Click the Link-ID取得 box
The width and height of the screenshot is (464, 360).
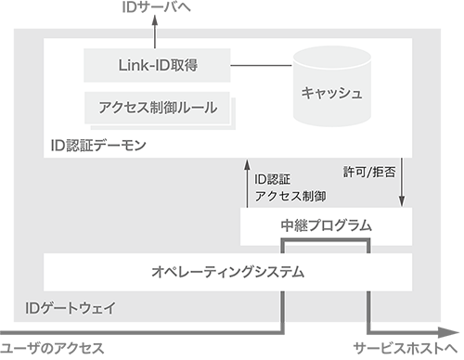pos(157,65)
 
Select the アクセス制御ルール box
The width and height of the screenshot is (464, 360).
pos(157,109)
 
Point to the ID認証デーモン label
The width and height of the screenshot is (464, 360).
pos(99,147)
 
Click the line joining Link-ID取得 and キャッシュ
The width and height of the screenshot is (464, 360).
pos(261,65)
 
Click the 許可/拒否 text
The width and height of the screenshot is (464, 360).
pos(369,172)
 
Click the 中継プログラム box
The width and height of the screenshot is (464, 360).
pos(326,225)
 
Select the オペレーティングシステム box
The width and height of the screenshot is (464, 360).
pos(228,273)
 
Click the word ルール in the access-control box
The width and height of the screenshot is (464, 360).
pos(198,109)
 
